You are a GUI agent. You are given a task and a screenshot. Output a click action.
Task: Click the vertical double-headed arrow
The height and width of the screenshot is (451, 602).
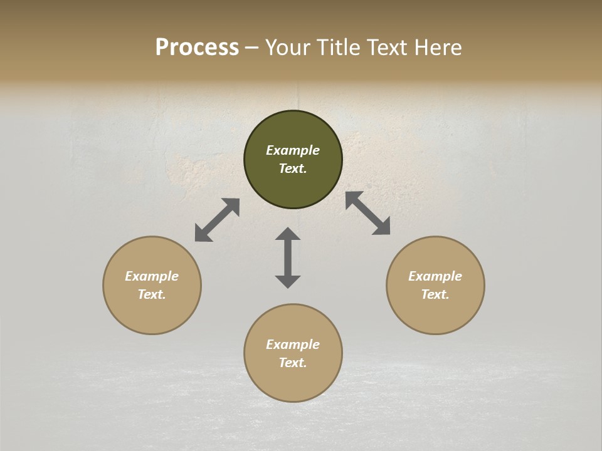288,257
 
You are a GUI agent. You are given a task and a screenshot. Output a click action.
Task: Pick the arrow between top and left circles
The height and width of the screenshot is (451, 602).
217,220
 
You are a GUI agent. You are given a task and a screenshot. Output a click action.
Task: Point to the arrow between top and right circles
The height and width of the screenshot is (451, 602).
367,213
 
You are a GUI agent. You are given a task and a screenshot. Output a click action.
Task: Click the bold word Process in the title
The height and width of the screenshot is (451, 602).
197,48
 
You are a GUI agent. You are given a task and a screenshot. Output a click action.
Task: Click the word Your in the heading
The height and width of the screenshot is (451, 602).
288,48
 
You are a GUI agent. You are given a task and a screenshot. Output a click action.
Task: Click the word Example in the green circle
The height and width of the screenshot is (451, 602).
293,150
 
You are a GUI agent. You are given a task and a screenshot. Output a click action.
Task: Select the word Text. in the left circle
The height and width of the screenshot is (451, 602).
152,294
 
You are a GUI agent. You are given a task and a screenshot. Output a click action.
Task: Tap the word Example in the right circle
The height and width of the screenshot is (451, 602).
435,276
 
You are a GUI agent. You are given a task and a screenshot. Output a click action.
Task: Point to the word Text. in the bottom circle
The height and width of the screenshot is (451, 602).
293,363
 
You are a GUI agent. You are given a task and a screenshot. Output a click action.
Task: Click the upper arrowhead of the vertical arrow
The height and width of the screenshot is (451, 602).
288,234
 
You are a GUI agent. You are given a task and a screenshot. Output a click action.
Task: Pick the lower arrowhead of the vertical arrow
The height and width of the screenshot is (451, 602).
288,281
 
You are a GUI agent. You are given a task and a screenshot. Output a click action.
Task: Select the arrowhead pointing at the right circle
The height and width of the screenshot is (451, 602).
382,227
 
